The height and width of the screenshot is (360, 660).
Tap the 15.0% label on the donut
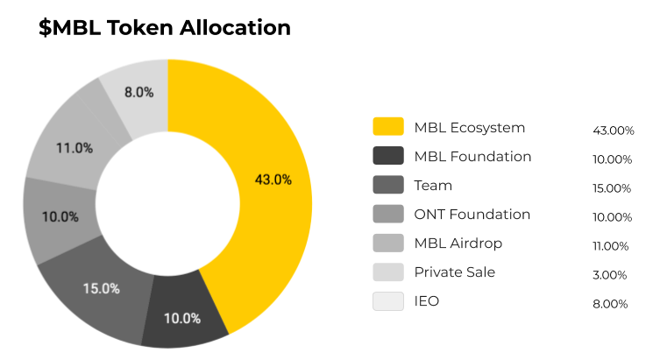103,288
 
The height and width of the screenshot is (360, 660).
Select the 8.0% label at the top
138,92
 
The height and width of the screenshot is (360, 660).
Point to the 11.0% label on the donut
75,148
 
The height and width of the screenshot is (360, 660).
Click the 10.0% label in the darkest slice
182,318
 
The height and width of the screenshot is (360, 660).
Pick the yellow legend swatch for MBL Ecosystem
388,127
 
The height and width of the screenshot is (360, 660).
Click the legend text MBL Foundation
472,157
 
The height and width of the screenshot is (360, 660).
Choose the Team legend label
433,186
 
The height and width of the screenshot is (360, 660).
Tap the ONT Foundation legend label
472,215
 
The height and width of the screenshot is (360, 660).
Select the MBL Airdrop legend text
458,244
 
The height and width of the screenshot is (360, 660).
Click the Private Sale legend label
454,272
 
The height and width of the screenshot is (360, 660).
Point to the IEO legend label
427,301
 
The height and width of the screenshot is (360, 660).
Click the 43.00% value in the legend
613,131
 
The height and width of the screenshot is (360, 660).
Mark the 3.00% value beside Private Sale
611,275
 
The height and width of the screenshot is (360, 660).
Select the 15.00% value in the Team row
612,188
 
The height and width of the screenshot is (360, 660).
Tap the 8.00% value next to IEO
611,304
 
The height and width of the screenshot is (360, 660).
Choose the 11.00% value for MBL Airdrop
612,246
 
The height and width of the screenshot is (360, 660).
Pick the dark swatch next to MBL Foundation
388,157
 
